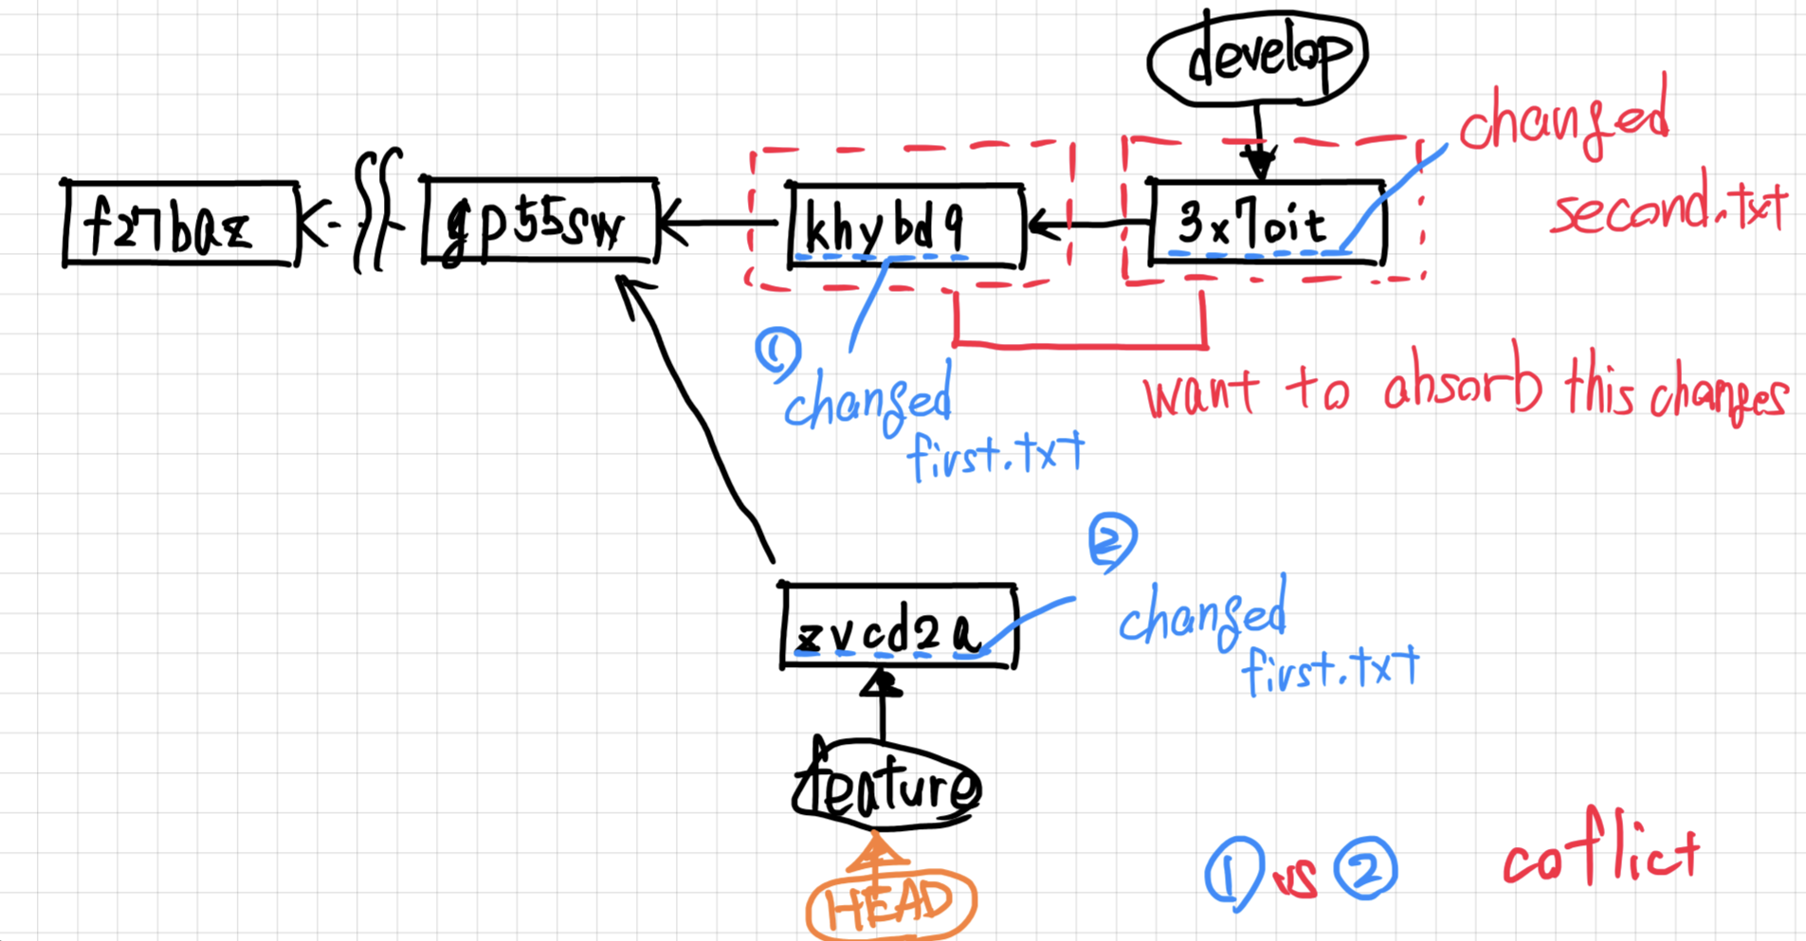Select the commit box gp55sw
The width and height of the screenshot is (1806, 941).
pyautogui.click(x=540, y=221)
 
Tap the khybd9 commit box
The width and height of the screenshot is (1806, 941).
pyautogui.click(x=905, y=226)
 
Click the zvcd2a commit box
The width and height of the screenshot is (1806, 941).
pyautogui.click(x=898, y=627)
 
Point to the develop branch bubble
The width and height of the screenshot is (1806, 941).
pyautogui.click(x=1256, y=57)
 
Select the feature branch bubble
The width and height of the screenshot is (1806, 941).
pyautogui.click(x=886, y=787)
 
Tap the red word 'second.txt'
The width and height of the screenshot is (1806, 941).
pyautogui.click(x=1669, y=208)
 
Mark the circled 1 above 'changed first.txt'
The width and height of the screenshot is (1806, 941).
pyautogui.click(x=777, y=353)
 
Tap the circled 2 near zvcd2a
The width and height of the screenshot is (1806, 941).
pyautogui.click(x=1112, y=539)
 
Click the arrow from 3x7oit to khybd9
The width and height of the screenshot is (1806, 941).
pyautogui.click(x=1085, y=226)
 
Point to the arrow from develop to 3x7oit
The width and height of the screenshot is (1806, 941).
pyautogui.click(x=1259, y=142)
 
